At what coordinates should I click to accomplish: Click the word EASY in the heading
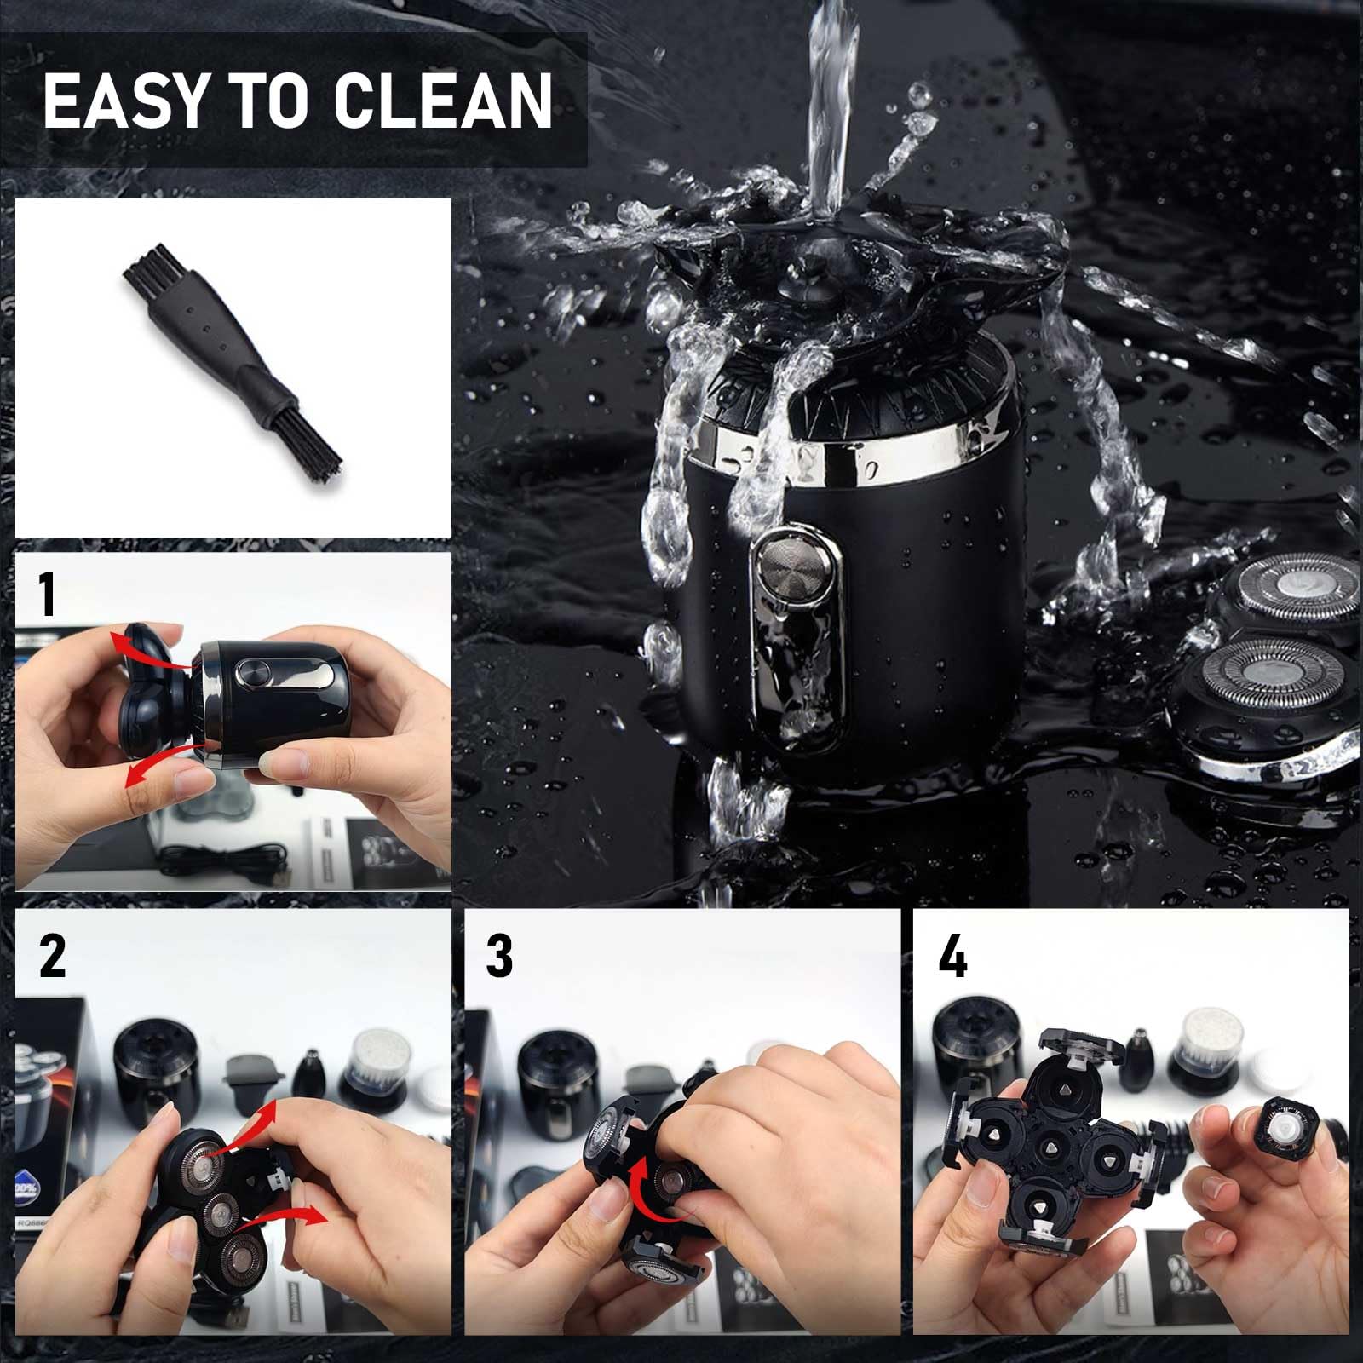124,101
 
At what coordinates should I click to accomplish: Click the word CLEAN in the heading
442,101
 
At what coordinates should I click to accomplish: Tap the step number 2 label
52,955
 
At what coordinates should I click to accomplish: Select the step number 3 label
499,955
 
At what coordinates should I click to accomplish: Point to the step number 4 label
952,955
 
